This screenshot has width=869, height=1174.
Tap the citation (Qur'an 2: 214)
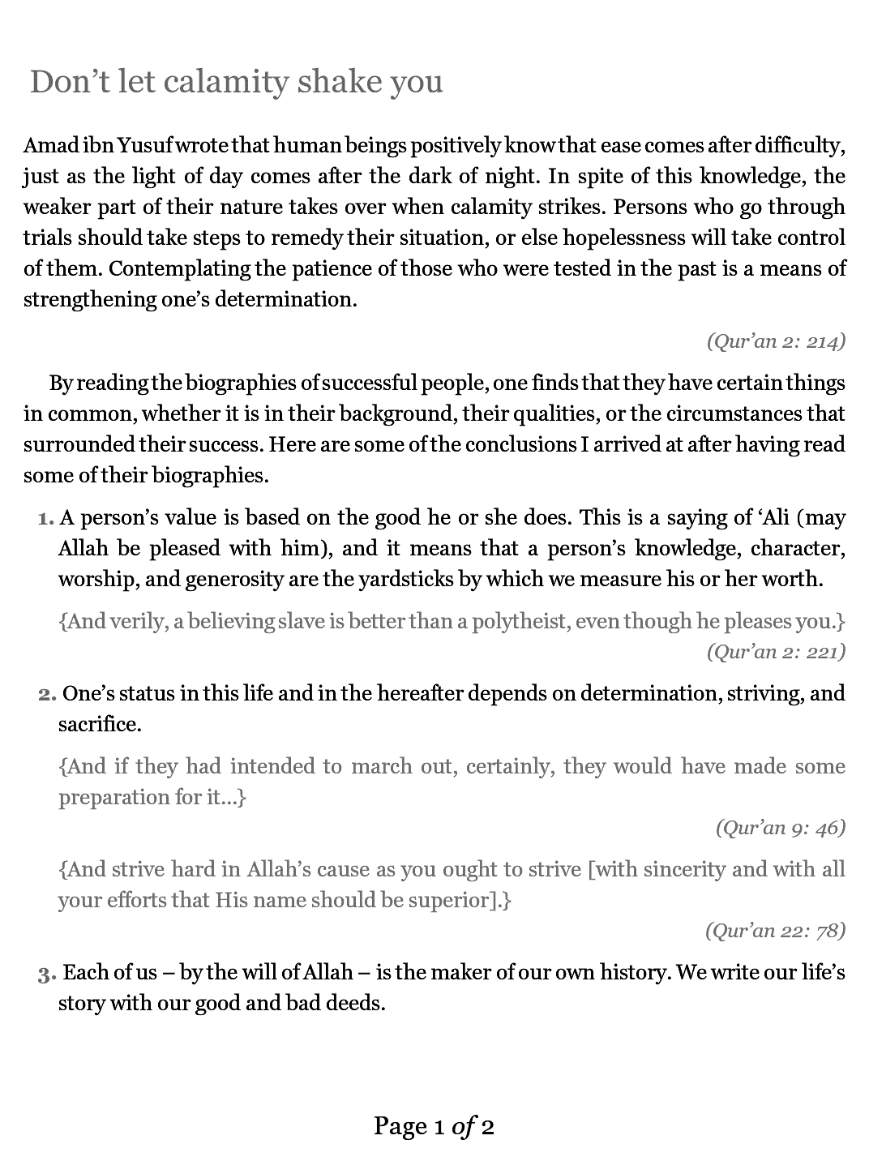776,341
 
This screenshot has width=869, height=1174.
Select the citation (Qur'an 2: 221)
776,651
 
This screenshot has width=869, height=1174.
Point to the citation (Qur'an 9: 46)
780,827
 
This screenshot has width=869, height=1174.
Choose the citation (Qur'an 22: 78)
775,930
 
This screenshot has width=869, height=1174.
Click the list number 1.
46,518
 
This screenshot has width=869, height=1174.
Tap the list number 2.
46,694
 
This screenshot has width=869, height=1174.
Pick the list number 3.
46,973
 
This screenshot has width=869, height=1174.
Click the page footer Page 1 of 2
434,1126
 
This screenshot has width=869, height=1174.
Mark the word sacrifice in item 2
99,724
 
